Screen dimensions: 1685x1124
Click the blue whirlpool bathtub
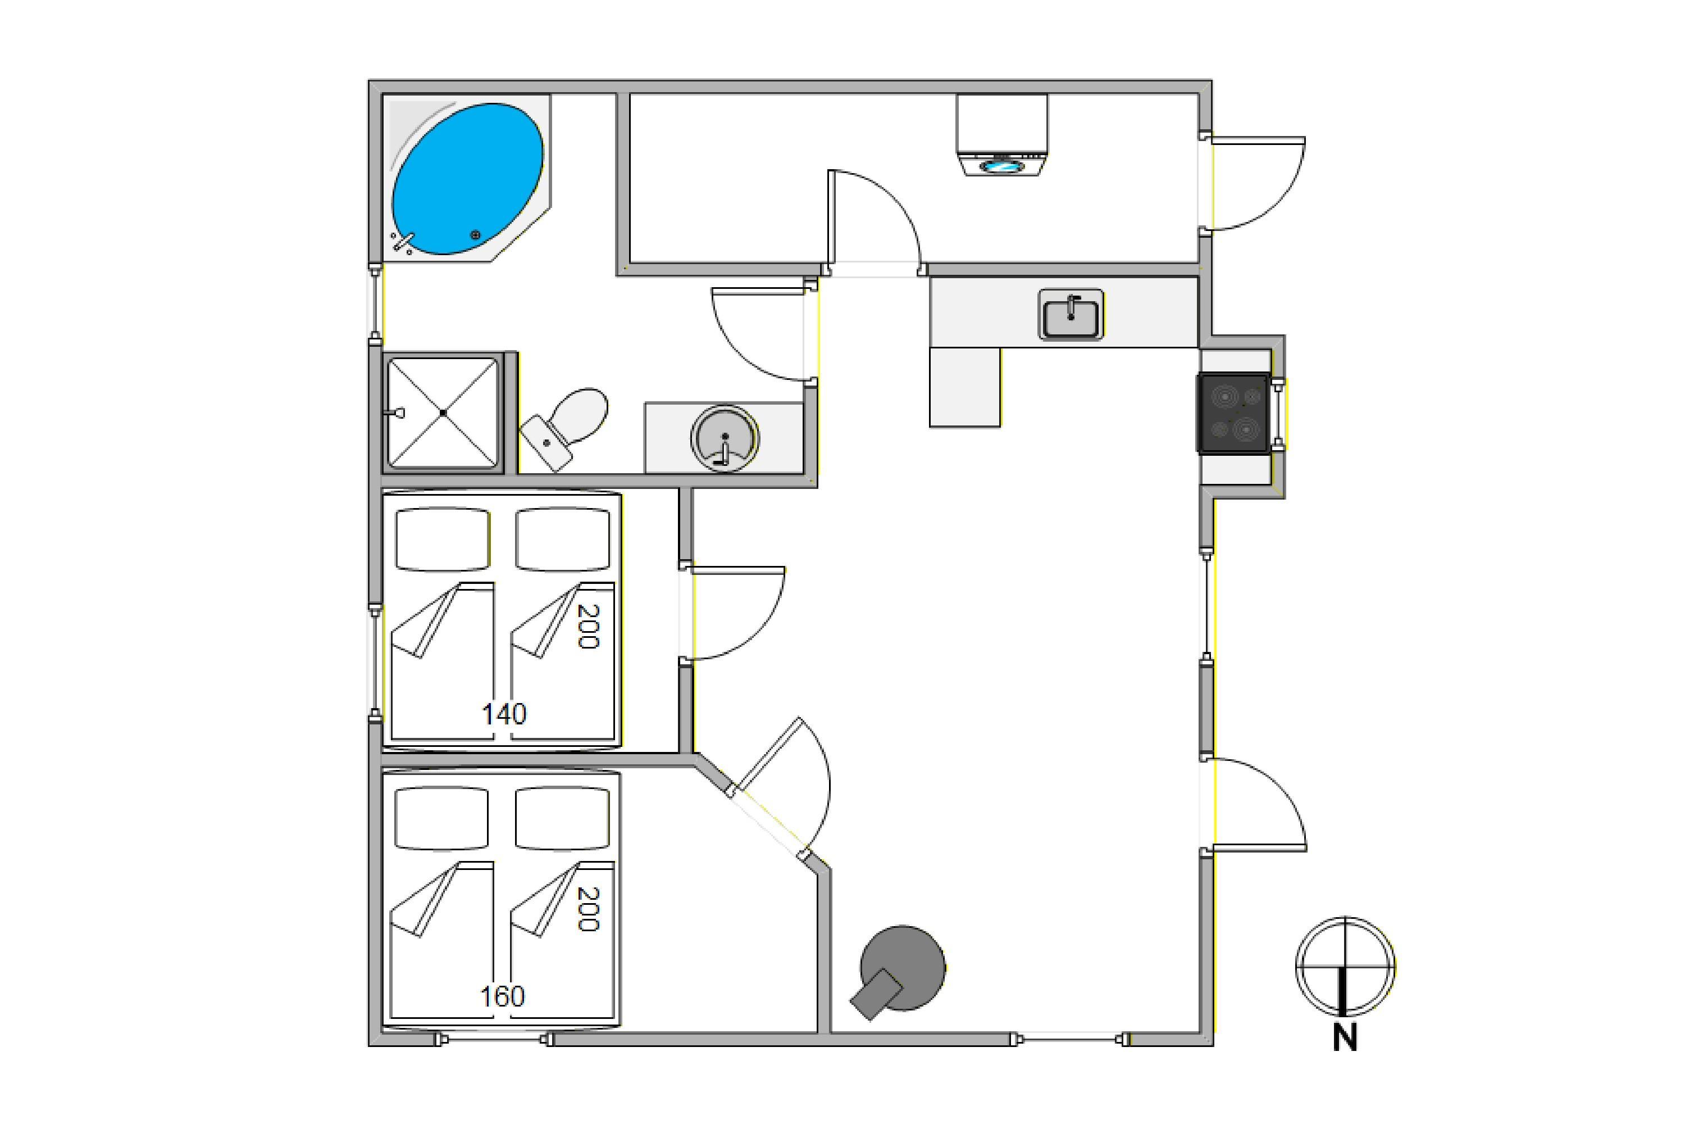(x=467, y=179)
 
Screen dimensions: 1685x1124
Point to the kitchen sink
(x=1071, y=315)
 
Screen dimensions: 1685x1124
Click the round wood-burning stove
(x=900, y=971)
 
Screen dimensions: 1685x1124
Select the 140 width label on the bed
(x=504, y=714)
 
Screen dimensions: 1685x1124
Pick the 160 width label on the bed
(x=502, y=996)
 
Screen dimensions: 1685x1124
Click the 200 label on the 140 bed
(x=587, y=626)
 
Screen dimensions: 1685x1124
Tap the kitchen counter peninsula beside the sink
(x=964, y=387)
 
